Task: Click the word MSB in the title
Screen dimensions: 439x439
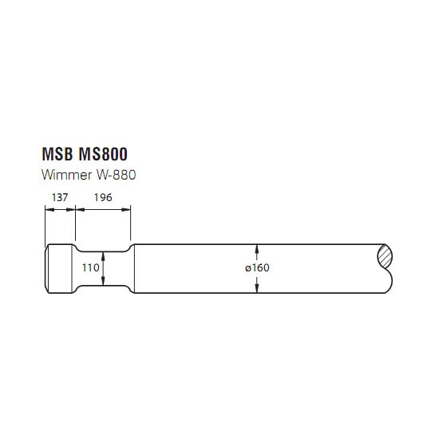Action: coord(57,154)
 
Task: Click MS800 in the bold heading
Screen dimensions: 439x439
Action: coord(103,154)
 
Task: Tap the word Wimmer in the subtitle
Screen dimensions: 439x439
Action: coord(66,175)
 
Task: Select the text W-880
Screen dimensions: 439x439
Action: coord(117,175)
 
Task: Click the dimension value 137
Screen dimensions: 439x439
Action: coord(60,198)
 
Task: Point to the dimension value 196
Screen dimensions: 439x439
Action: coord(103,198)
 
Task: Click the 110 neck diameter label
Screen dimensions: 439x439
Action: coord(90,268)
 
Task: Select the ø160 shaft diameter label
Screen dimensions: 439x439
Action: coord(257,267)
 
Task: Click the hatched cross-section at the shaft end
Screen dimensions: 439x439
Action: coord(385,256)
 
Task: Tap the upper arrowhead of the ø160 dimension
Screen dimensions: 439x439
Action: coord(257,249)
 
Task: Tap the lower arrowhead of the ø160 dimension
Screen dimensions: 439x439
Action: coord(257,288)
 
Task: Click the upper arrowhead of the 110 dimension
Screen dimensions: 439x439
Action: coord(103,256)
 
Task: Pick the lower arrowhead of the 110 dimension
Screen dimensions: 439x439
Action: coord(103,281)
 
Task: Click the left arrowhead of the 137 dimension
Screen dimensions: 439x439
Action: coord(49,209)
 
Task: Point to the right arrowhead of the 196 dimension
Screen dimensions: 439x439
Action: coord(126,209)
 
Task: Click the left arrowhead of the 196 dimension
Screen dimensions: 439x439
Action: coord(81,209)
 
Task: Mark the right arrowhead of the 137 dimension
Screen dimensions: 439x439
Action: coord(71,209)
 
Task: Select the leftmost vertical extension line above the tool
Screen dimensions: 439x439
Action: coord(45,226)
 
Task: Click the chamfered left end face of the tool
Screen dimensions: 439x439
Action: coord(46,268)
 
